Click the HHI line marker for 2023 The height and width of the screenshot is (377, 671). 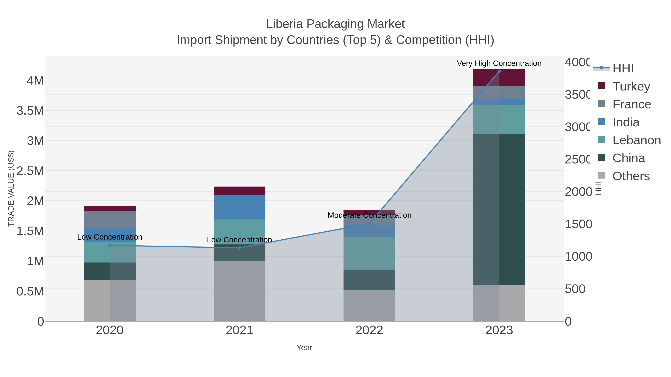click(x=499, y=71)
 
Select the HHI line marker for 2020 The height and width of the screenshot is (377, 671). click(x=110, y=245)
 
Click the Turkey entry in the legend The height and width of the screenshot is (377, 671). click(x=631, y=86)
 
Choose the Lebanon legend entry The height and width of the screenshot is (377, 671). click(x=636, y=140)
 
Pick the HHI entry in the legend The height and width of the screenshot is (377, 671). click(x=623, y=69)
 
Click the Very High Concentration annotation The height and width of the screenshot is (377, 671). click(x=499, y=63)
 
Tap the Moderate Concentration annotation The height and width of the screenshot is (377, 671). click(x=369, y=215)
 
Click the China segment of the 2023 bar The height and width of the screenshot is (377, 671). click(x=499, y=209)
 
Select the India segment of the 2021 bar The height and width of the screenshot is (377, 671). click(x=239, y=207)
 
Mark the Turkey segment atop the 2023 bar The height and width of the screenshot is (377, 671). click(x=499, y=77)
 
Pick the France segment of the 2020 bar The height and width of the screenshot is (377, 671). click(x=110, y=220)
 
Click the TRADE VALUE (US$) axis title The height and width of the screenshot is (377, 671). click(x=11, y=188)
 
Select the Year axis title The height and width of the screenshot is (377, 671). click(x=304, y=348)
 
